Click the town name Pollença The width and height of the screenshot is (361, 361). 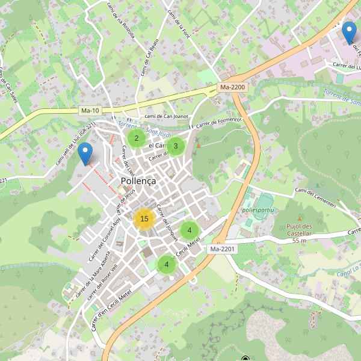tap(138, 180)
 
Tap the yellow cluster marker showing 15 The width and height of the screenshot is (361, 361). tap(144, 219)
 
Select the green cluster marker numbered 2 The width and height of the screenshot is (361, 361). tap(137, 138)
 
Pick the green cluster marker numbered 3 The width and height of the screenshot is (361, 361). tap(175, 146)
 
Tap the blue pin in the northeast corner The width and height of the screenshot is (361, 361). tap(348, 31)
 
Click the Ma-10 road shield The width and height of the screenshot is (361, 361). tap(90, 111)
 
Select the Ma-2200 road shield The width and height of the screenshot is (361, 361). tap(232, 87)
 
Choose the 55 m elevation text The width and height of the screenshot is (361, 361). tap(300, 240)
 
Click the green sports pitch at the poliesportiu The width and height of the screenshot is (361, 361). tap(265, 199)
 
